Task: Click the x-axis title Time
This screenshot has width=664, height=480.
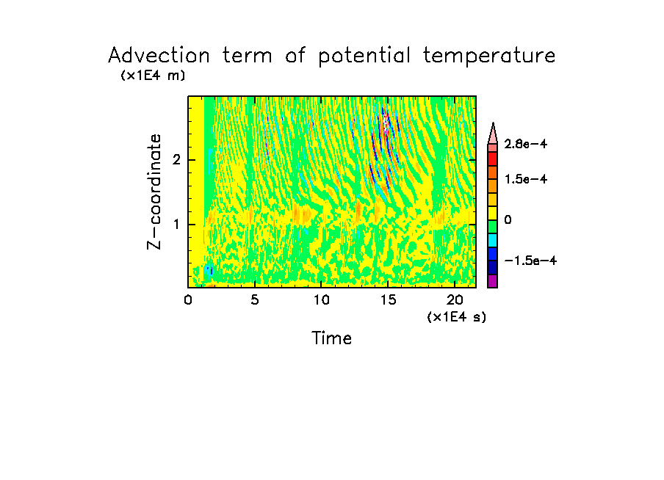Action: tap(332, 338)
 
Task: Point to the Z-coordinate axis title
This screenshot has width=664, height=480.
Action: tap(154, 192)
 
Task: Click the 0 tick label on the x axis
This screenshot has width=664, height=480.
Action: tap(188, 299)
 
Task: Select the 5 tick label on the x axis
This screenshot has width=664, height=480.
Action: tap(254, 299)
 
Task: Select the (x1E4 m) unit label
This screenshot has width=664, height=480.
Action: tap(153, 76)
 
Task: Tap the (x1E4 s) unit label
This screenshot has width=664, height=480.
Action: tap(455, 317)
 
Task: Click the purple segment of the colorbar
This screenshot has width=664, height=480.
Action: tap(492, 281)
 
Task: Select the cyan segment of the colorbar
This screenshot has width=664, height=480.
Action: tap(492, 240)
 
